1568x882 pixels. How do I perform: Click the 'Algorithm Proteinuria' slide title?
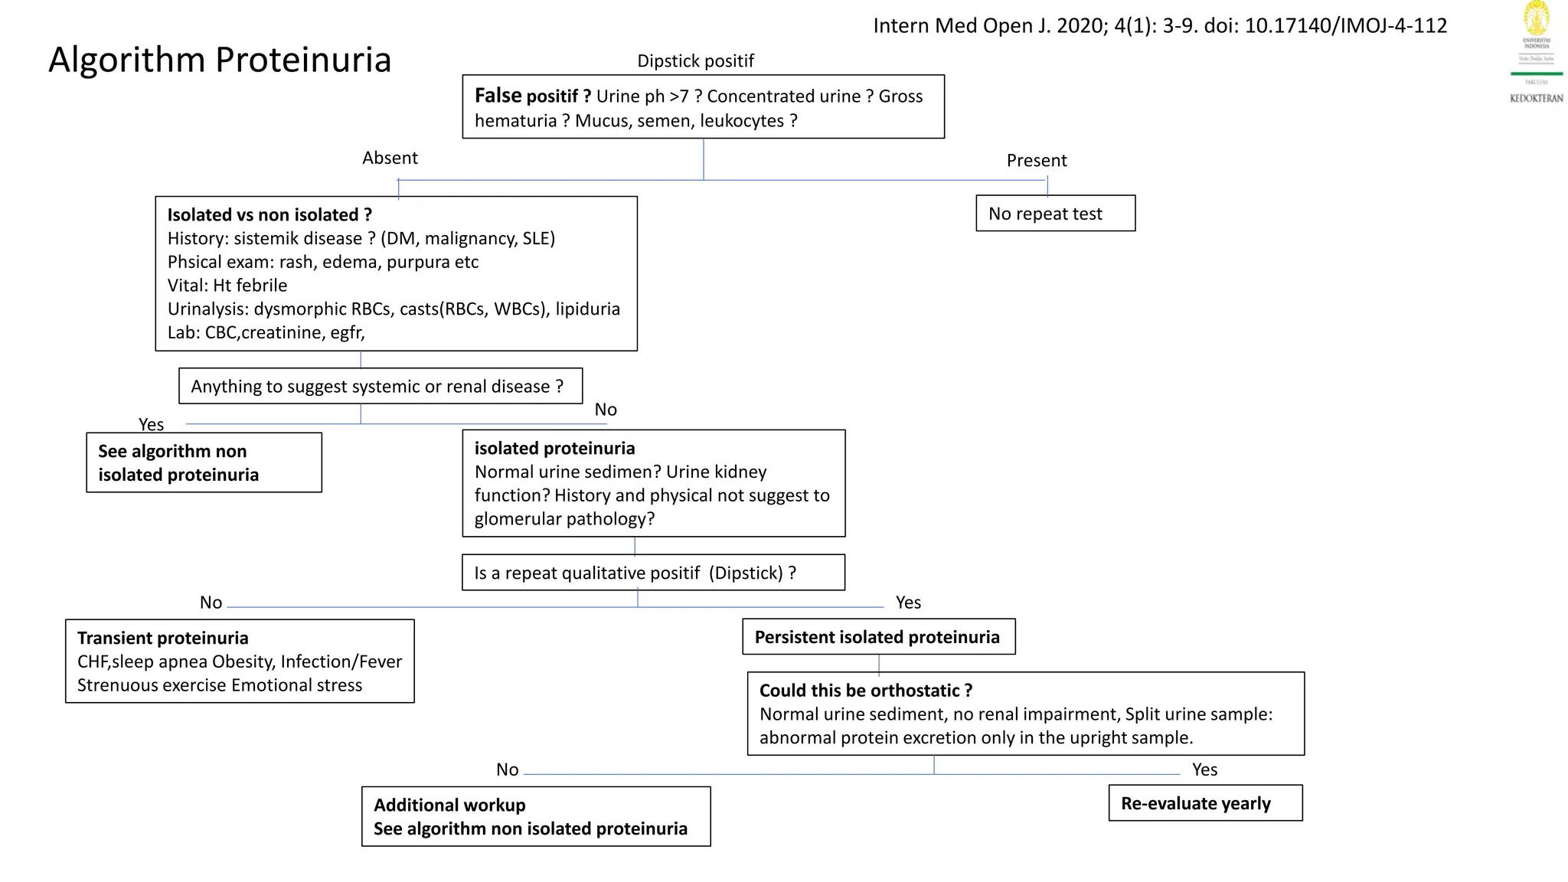[220, 60]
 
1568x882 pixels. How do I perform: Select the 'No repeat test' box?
[1054, 214]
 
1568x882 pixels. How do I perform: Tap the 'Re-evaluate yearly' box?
[1204, 803]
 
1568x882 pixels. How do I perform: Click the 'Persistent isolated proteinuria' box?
[878, 637]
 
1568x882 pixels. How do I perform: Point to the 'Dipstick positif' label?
[695, 61]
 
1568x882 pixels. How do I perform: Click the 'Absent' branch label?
[390, 158]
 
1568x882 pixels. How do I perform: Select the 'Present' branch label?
[1036, 161]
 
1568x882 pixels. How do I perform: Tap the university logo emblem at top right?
[1536, 18]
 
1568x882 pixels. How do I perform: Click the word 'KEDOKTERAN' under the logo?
[1536, 98]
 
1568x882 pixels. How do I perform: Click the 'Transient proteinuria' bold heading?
[162, 639]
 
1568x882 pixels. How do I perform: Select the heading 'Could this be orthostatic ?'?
[865, 691]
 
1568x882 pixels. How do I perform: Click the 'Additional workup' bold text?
[449, 805]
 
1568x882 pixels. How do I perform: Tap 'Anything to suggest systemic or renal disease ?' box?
[380, 387]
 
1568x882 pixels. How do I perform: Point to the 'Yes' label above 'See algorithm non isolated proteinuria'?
[151, 425]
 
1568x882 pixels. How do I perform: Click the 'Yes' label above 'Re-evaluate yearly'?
[1204, 770]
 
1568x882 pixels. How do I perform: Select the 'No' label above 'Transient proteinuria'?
[211, 603]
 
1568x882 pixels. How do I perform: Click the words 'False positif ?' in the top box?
[532, 96]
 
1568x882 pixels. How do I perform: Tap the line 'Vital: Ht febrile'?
[227, 286]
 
